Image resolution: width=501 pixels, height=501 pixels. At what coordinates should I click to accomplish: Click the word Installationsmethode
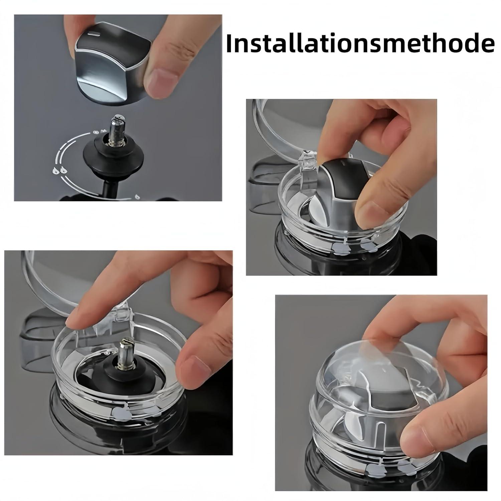point(360,43)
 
